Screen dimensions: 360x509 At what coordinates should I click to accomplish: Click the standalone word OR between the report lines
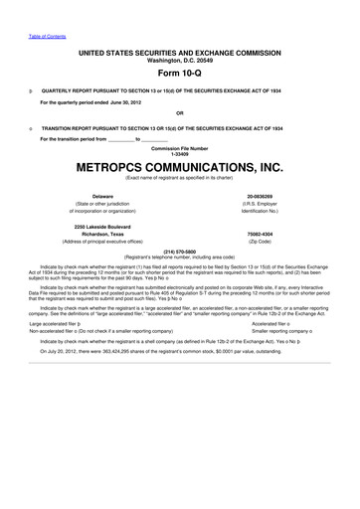(x=179, y=112)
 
